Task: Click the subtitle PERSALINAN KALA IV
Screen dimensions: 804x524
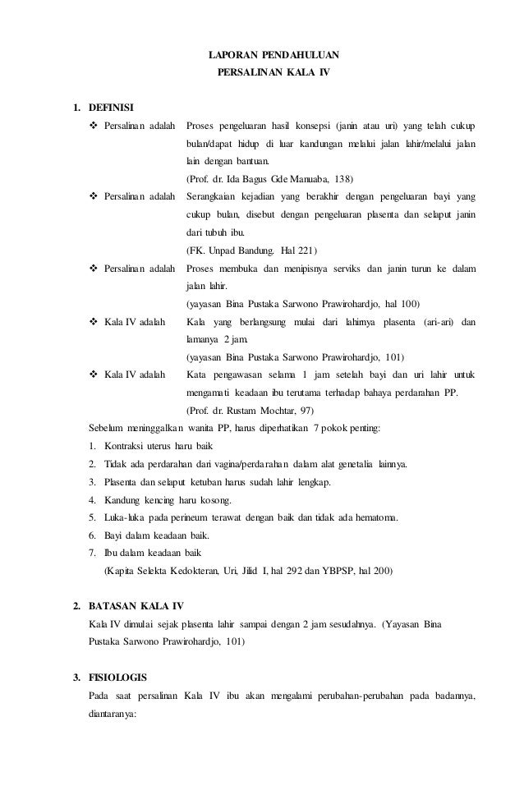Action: (x=273, y=72)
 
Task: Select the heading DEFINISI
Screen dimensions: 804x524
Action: (x=112, y=107)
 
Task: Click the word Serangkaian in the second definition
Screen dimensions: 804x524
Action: (x=215, y=197)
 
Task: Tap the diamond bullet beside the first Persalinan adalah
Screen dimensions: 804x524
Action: (x=93, y=126)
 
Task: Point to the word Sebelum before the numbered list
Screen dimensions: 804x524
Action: (x=107, y=428)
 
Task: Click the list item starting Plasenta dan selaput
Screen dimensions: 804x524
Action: (x=212, y=481)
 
